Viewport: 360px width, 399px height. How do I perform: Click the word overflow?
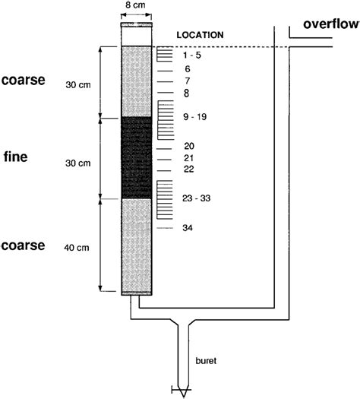pyautogui.click(x=330, y=24)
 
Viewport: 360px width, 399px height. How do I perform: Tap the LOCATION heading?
pyautogui.click(x=200, y=35)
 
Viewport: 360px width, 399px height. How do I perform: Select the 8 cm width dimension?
pyautogui.click(x=137, y=6)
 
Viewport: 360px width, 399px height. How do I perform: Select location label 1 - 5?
pyautogui.click(x=191, y=55)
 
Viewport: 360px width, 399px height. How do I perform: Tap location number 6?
pyautogui.click(x=186, y=68)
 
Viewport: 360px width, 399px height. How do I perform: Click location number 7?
pyautogui.click(x=186, y=81)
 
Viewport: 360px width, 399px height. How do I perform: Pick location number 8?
pyautogui.click(x=186, y=93)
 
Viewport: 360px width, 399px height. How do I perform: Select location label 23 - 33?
pyautogui.click(x=196, y=198)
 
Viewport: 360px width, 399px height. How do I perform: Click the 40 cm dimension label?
pyautogui.click(x=79, y=246)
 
